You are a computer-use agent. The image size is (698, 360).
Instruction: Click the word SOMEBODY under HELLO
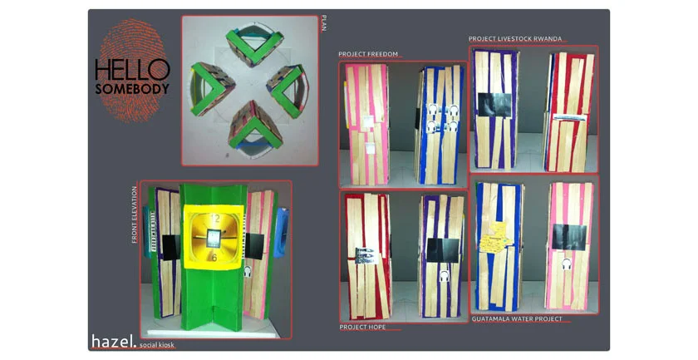tap(132, 87)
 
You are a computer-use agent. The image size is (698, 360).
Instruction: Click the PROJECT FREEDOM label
tap(367, 55)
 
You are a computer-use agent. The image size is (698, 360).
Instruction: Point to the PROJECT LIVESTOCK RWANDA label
tap(515, 39)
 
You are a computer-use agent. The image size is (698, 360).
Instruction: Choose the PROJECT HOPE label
tap(362, 327)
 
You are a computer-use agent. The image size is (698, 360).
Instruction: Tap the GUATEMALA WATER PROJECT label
tap(517, 318)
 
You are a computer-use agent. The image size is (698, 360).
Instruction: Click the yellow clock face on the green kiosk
tap(214, 236)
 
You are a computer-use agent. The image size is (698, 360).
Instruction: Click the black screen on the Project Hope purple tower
tap(439, 246)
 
